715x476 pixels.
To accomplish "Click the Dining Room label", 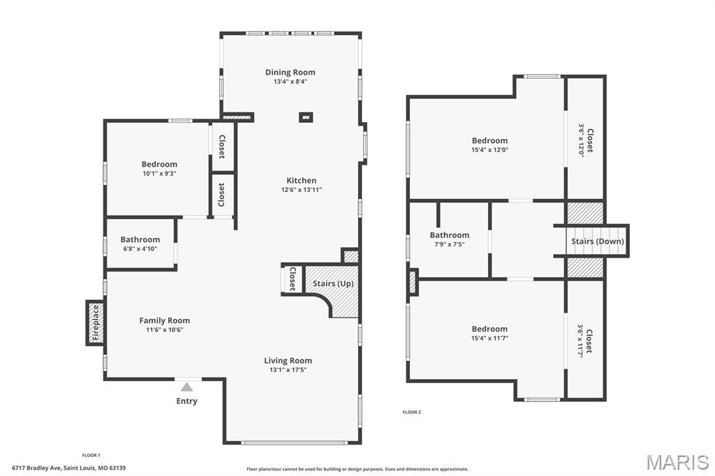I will pos(290,72).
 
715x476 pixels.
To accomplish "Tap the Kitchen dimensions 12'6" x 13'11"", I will pos(301,190).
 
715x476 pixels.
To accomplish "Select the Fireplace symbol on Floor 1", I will pos(96,322).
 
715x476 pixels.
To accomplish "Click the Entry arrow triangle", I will pos(186,387).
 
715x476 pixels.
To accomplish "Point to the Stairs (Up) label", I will pos(332,283).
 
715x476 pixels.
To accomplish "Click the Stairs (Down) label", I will pos(597,241).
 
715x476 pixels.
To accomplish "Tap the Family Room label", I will pos(164,320).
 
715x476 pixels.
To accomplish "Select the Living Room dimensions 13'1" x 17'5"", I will pos(288,370).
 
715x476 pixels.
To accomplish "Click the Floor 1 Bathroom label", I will pos(140,239).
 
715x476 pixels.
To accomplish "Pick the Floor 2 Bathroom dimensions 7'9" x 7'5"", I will pos(449,244).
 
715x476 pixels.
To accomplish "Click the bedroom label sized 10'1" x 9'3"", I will pos(159,164).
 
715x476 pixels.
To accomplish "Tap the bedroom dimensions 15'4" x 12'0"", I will pos(489,149).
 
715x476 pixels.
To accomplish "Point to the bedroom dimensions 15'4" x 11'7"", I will pos(489,338).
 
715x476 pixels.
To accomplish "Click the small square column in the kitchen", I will pos(306,117).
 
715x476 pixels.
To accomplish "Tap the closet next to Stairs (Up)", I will pos(293,279).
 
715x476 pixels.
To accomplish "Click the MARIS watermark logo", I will pos(677,462).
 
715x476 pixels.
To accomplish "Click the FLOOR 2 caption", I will pos(411,412).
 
